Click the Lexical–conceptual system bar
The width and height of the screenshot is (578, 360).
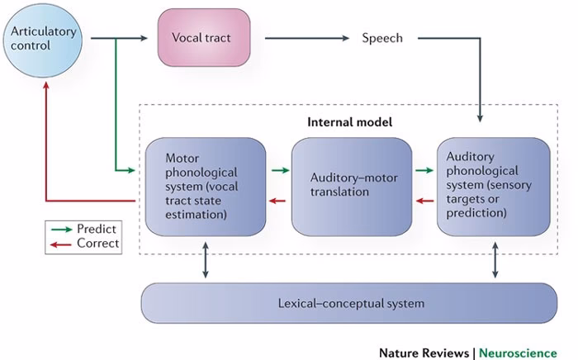350,303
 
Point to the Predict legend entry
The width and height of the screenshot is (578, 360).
85,228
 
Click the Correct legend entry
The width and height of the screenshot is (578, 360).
85,243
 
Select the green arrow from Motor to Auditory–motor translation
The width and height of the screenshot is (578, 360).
280,171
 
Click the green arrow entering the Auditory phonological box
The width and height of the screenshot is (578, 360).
424,171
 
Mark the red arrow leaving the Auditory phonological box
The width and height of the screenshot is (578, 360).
424,200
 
